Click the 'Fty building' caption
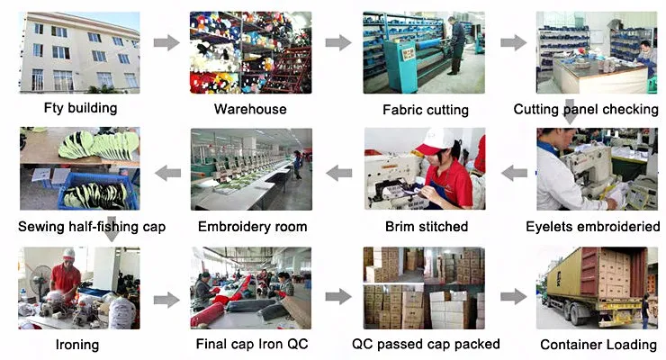click(80, 108)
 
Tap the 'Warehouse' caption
click(250, 109)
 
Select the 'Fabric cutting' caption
click(426, 110)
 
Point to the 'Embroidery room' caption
click(252, 226)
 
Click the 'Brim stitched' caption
click(427, 226)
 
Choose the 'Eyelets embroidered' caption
click(593, 226)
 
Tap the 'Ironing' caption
click(77, 345)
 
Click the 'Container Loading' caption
click(598, 345)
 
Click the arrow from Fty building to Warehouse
click(166, 42)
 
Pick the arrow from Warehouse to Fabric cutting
click(338, 42)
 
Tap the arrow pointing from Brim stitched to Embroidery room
click(339, 173)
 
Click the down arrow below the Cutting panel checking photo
click(570, 112)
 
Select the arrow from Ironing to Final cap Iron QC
click(166, 300)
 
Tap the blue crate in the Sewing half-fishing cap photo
click(98, 192)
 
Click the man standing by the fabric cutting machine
click(457, 46)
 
